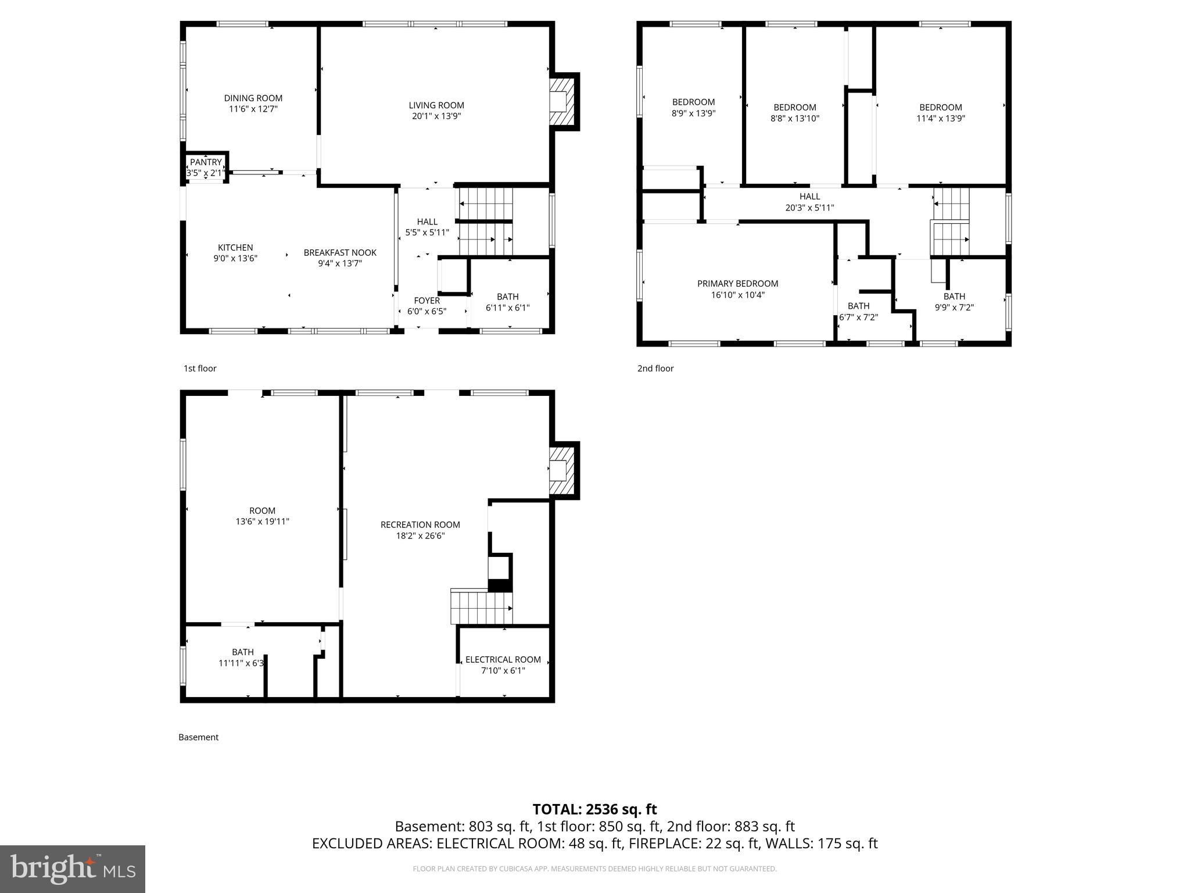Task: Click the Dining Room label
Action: click(253, 98)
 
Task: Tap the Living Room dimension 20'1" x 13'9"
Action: click(436, 116)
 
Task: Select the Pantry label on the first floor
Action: click(206, 162)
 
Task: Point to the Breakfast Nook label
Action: click(340, 252)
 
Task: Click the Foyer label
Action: click(426, 301)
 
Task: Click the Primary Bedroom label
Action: click(737, 284)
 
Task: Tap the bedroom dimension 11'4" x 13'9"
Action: click(940, 118)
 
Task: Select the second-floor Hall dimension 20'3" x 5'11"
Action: click(809, 208)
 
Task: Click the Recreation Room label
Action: click(420, 524)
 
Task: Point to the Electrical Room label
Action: click(503, 659)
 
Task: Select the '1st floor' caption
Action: click(200, 368)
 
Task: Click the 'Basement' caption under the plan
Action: click(198, 737)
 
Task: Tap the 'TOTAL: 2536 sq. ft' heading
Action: click(594, 809)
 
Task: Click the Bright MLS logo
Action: click(73, 869)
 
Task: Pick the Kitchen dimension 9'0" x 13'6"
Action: click(235, 258)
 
